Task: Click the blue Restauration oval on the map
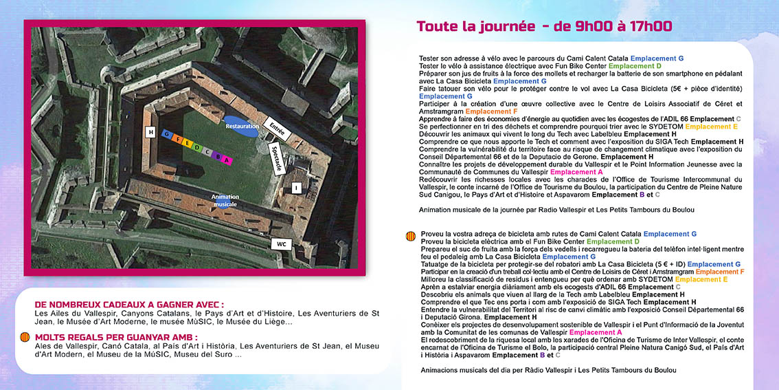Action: click(x=242, y=127)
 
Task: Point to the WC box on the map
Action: click(x=281, y=244)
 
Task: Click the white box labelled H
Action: click(x=150, y=131)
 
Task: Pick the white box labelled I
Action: click(x=296, y=187)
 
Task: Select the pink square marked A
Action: click(x=227, y=160)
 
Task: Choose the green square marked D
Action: click(x=197, y=147)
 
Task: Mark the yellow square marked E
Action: click(x=187, y=143)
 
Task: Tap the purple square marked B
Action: click(x=218, y=156)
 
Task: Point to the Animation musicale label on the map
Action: click(x=225, y=200)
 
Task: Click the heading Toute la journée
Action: click(x=475, y=27)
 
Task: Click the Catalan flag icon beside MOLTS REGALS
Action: click(x=25, y=337)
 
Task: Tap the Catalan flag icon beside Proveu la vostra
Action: click(x=411, y=235)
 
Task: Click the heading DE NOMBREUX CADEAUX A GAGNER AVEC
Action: click(x=129, y=305)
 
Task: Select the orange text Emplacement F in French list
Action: click(x=491, y=111)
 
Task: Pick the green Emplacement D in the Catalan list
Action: click(x=613, y=241)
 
